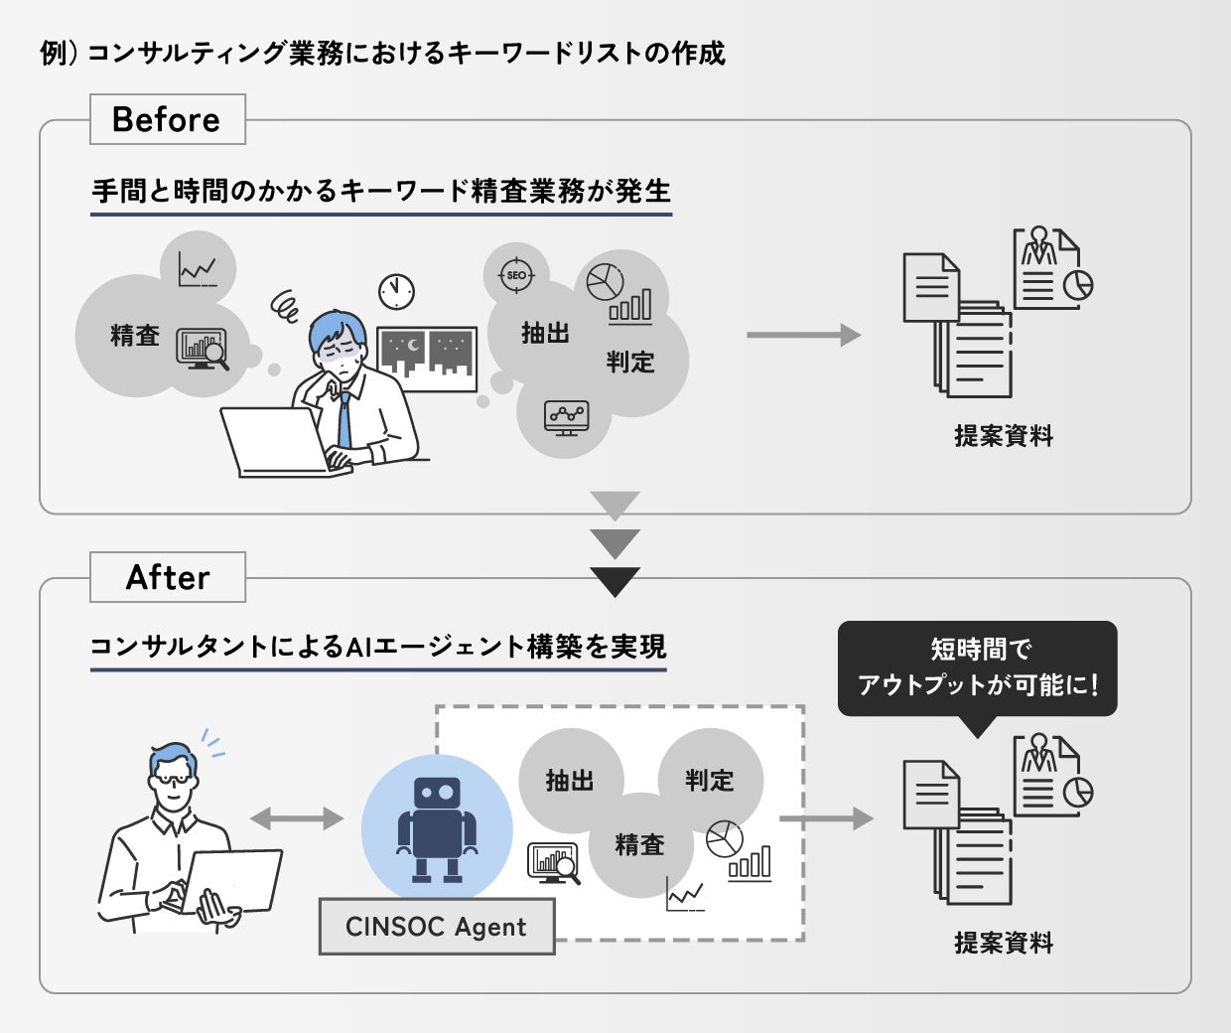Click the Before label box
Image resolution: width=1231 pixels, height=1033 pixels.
(x=167, y=119)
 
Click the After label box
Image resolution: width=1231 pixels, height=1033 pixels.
(x=167, y=577)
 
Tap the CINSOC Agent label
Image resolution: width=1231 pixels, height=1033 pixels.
(x=436, y=927)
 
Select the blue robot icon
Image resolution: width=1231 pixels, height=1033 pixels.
(x=437, y=829)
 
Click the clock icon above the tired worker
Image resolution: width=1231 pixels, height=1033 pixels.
(x=396, y=291)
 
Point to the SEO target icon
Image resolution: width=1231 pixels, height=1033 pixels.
(x=516, y=275)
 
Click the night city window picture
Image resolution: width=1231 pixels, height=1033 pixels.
(x=427, y=358)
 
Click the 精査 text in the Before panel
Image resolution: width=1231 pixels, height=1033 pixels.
(x=135, y=336)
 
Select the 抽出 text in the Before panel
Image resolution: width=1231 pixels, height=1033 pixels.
(x=545, y=334)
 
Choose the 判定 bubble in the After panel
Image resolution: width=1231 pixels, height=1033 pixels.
(x=710, y=781)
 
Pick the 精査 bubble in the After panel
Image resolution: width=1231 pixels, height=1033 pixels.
(x=639, y=845)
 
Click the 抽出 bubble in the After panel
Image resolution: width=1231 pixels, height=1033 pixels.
(x=570, y=781)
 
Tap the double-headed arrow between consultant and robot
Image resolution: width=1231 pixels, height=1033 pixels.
(x=296, y=818)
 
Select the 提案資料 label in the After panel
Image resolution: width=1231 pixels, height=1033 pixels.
(x=1004, y=943)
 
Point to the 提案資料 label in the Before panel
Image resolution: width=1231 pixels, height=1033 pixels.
(x=1004, y=435)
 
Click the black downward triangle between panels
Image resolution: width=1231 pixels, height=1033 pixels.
(x=615, y=580)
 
